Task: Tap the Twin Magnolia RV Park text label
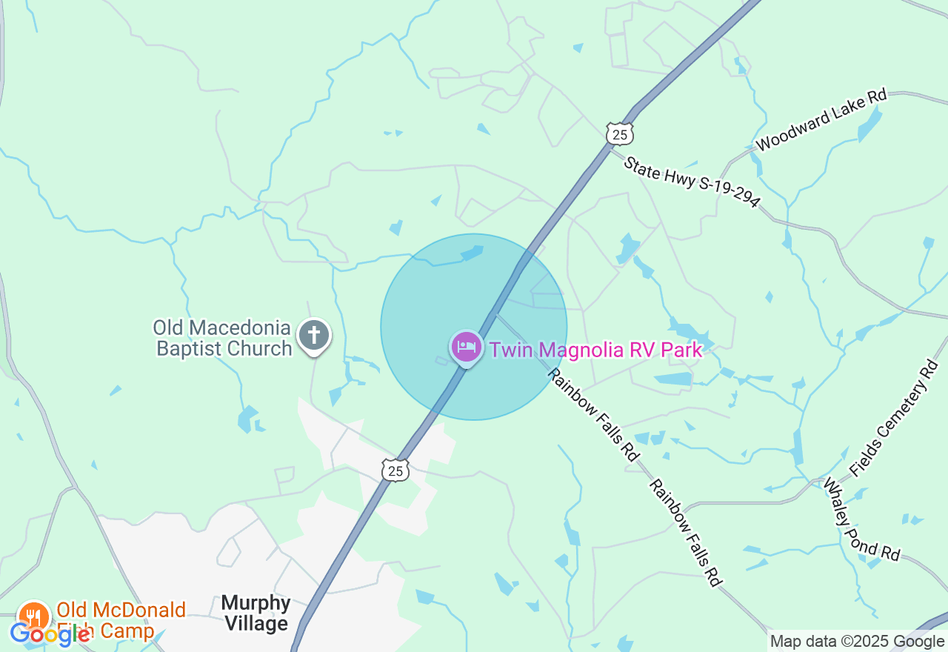point(595,350)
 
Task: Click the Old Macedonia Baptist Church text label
point(223,338)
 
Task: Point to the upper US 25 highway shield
point(619,133)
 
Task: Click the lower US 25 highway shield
point(396,470)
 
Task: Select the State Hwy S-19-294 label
point(692,182)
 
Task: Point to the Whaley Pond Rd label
point(861,519)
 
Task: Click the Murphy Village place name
point(256,613)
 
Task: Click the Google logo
point(50,633)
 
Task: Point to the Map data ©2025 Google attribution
point(857,642)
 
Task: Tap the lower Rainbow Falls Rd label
point(685,533)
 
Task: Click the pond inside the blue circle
point(472,253)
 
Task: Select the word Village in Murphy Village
point(256,624)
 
